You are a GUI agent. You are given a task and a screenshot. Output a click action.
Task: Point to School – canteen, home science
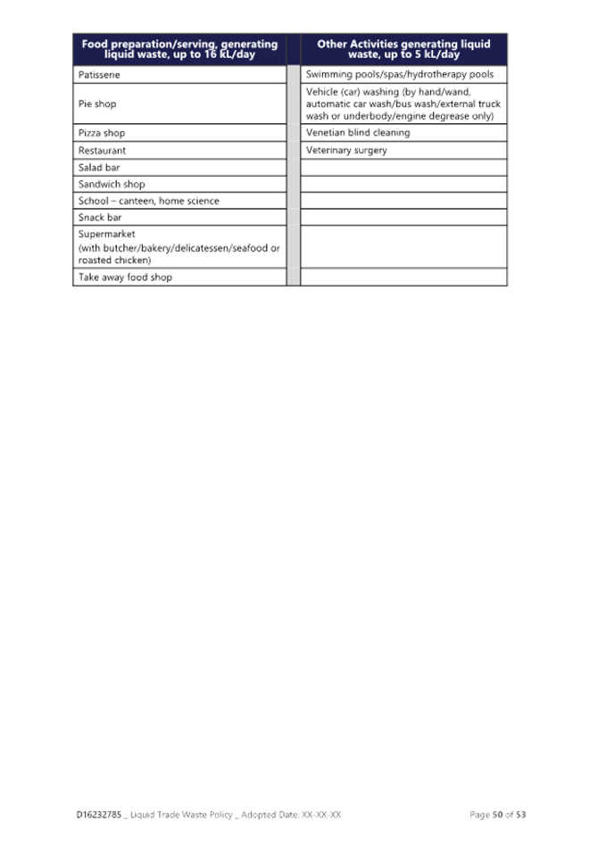149,201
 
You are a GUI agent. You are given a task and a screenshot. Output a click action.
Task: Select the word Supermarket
107,235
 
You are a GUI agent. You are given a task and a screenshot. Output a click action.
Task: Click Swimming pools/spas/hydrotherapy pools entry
400,74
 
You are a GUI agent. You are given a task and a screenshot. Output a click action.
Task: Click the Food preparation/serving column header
179,49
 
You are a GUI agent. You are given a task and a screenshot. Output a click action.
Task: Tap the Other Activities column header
404,49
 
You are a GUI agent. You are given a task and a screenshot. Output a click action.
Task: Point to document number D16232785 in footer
99,815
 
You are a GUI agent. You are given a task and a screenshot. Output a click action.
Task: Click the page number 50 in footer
497,815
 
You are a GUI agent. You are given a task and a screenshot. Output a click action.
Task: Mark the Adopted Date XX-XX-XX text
291,815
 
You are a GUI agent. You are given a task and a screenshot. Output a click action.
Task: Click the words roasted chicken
114,261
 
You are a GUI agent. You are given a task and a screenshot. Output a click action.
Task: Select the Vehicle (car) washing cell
403,104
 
